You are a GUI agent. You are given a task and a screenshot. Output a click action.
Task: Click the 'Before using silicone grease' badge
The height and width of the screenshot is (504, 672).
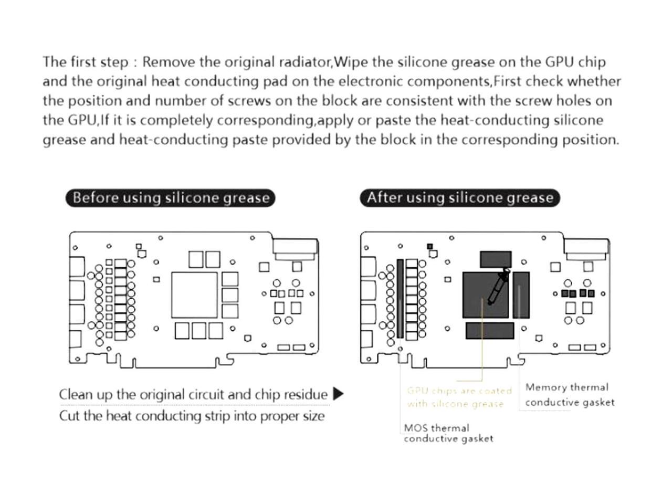coord(170,198)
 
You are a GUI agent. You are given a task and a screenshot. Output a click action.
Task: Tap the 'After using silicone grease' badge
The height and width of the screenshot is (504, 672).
coord(460,198)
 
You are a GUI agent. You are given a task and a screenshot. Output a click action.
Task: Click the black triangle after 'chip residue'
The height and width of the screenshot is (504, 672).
coord(339,394)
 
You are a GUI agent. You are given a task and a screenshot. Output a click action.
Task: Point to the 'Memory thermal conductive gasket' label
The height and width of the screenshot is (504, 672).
coord(569,395)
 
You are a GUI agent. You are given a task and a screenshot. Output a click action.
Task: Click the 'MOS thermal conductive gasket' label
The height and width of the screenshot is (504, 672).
coord(448,433)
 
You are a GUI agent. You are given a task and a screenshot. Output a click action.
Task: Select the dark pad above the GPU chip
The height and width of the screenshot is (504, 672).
coord(496,259)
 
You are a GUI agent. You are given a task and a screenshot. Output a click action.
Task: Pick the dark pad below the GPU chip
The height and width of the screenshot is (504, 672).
coord(490,331)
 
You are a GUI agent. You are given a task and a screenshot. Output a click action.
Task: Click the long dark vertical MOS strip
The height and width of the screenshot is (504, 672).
coord(400,298)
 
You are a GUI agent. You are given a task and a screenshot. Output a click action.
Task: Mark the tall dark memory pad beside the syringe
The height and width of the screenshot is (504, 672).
coord(521,295)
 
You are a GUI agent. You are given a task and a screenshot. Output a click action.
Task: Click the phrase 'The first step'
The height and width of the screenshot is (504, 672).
coord(85,62)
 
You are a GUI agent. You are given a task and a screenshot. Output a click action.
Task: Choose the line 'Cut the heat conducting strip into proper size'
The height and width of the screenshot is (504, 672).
coord(192,416)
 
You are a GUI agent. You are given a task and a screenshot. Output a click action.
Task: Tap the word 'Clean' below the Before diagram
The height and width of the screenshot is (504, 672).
coord(74,394)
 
